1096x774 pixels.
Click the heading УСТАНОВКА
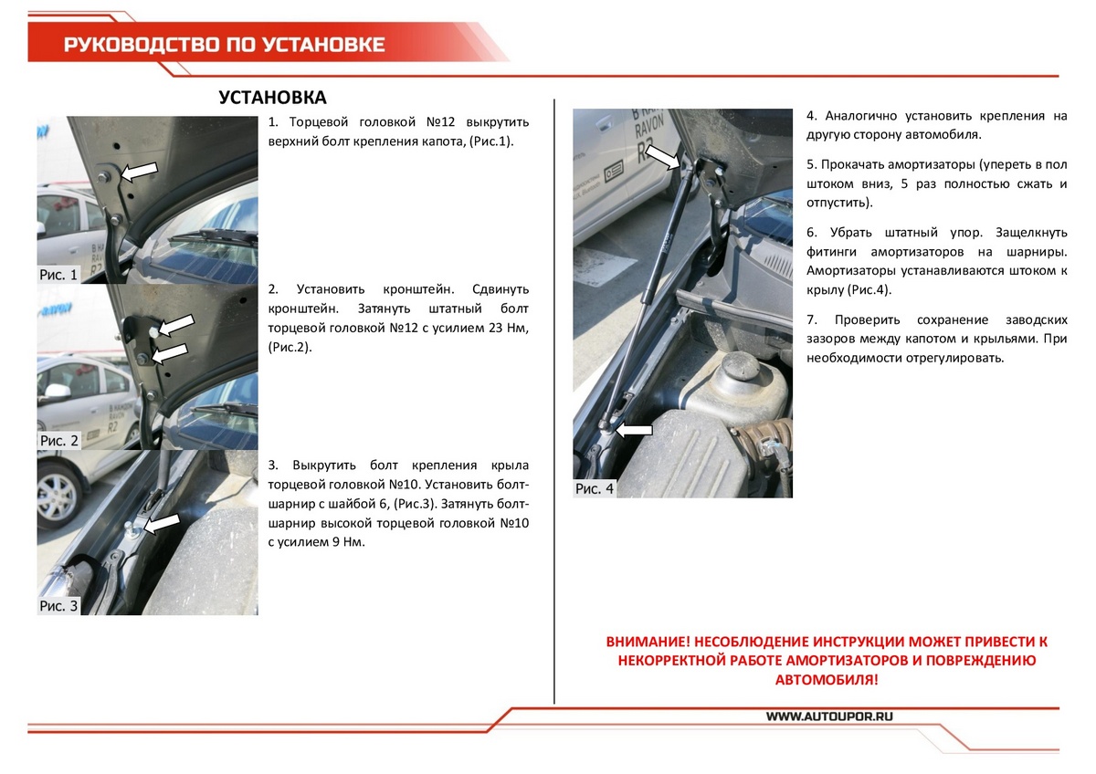tap(272, 98)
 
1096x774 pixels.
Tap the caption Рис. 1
tap(59, 274)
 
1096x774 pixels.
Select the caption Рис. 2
tap(59, 440)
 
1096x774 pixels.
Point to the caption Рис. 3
tap(59, 605)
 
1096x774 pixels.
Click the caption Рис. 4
tap(595, 488)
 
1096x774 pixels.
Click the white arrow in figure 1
tap(139, 171)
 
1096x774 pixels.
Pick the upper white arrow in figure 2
tap(178, 324)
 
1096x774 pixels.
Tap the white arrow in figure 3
tap(163, 523)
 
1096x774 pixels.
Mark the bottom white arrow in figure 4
tap(635, 429)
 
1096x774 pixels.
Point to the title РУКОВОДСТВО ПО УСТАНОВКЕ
tap(224, 45)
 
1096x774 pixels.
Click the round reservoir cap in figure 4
tap(738, 367)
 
